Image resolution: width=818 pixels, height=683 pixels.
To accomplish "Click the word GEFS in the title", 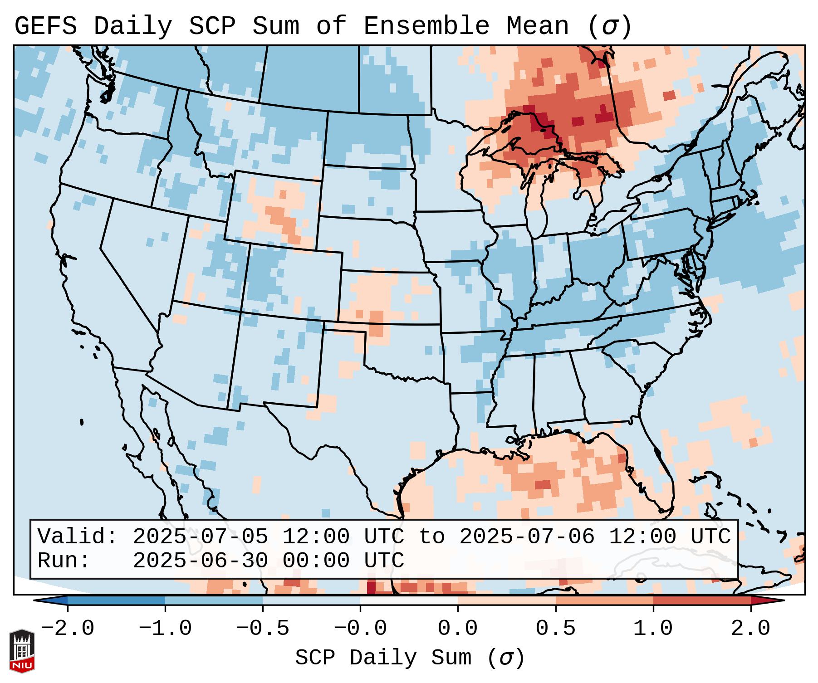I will click(x=45, y=26).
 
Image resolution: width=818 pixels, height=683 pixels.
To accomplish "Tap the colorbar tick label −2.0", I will click(x=68, y=629).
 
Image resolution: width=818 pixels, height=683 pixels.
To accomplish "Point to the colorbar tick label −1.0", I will click(x=165, y=629).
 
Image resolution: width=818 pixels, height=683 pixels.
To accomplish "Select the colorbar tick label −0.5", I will click(x=263, y=629).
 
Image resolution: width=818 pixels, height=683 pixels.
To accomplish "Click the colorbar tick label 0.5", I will click(x=555, y=629).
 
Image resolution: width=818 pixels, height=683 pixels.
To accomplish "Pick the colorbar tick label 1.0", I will click(x=653, y=629).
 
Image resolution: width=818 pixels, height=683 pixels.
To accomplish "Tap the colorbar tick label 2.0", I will click(x=750, y=629).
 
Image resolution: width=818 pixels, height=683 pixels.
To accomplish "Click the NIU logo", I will click(x=22, y=651).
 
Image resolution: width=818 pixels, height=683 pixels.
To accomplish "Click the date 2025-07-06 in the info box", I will click(x=527, y=537).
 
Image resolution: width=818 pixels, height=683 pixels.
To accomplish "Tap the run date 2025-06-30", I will click(x=200, y=561).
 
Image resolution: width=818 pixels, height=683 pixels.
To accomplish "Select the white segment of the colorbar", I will click(x=409, y=600).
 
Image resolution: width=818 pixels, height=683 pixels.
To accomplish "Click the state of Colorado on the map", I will click(x=293, y=281).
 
